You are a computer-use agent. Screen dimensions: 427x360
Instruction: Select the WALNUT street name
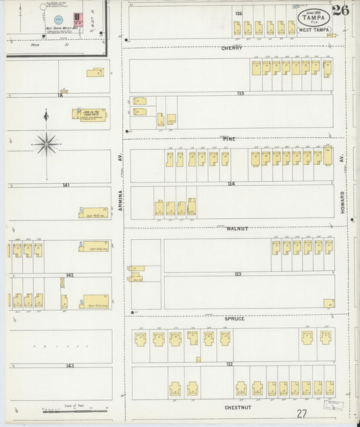pyautogui.click(x=238, y=229)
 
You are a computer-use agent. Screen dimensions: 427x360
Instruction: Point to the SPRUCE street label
pyautogui.click(x=236, y=318)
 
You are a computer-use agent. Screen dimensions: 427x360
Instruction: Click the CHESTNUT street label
pyautogui.click(x=236, y=408)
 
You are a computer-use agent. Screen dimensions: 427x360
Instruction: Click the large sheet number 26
pyautogui.click(x=340, y=10)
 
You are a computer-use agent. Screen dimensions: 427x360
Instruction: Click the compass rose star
pyautogui.click(x=46, y=143)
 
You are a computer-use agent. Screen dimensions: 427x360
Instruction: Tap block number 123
pyautogui.click(x=238, y=274)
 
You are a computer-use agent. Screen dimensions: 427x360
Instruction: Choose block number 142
pyautogui.click(x=70, y=275)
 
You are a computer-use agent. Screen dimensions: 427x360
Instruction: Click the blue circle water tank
pyautogui.click(x=58, y=21)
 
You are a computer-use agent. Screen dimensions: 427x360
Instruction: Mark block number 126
pyautogui.click(x=238, y=14)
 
